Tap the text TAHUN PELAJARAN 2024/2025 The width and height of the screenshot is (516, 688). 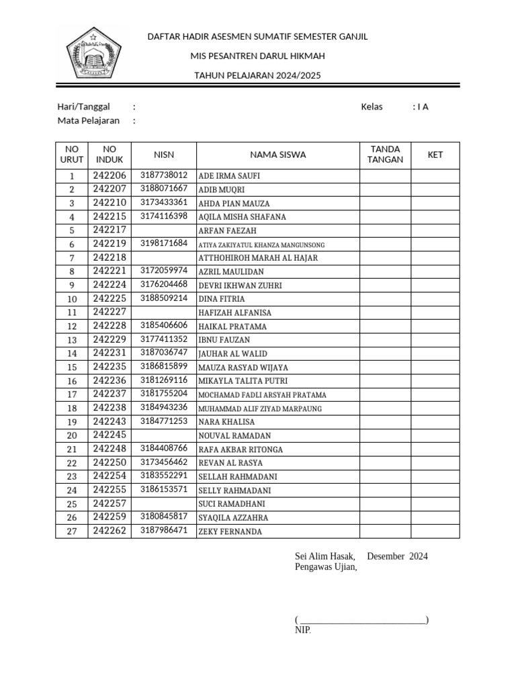257,75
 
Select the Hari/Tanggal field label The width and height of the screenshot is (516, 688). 83,107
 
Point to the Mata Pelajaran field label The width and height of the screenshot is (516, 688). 89,121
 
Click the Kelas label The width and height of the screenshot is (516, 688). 372,107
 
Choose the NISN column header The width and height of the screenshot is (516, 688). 164,155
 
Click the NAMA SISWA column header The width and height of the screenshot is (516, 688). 277,155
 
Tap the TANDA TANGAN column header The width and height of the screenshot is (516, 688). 386,155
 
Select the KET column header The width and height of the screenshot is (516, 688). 435,155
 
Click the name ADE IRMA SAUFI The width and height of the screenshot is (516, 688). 229,176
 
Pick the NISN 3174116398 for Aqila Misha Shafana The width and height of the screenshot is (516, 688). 164,216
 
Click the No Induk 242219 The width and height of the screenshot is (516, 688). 110,244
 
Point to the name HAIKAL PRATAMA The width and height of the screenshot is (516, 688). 232,327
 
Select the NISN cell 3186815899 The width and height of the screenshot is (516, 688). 164,367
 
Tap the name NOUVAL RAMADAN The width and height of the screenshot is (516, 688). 234,436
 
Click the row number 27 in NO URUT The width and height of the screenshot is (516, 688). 72,531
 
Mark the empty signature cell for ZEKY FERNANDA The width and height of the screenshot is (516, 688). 386,531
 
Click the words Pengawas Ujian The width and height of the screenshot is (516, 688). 326,567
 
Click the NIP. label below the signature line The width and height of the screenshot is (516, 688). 302,631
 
